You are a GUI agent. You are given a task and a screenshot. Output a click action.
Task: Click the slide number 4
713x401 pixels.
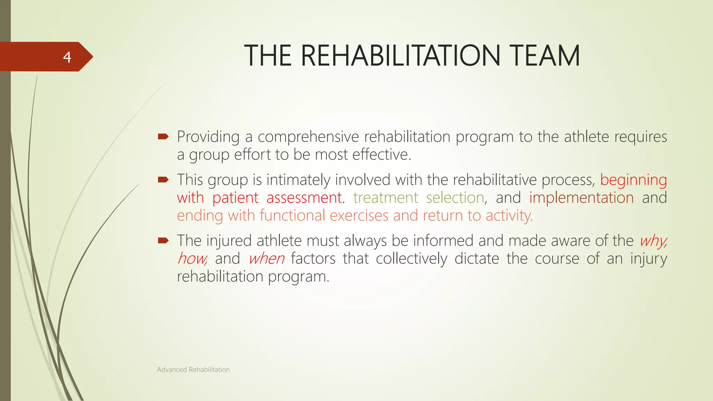67,57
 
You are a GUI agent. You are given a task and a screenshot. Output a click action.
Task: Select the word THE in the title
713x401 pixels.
268,56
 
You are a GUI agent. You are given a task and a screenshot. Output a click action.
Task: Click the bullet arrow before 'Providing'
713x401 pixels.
163,136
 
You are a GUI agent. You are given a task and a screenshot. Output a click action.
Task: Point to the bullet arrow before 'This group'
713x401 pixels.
163,180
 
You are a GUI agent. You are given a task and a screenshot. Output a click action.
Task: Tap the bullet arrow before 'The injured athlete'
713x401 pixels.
163,240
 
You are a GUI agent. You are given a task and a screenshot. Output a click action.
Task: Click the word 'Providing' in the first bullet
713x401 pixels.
208,137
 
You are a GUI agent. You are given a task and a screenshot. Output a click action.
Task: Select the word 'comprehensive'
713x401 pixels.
308,137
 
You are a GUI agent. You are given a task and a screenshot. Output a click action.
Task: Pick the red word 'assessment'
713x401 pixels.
304,198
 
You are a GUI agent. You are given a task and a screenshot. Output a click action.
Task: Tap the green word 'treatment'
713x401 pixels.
385,198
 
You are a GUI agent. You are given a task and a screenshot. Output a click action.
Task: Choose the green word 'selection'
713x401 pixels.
455,198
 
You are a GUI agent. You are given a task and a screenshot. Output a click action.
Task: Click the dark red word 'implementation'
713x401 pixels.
581,198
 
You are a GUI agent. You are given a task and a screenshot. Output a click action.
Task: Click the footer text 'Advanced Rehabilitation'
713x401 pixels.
193,370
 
